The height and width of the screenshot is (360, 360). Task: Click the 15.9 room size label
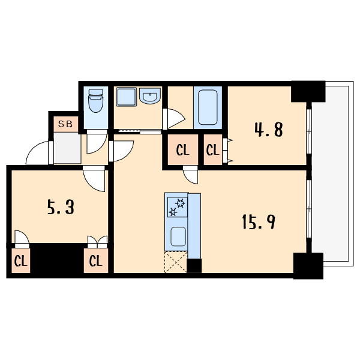(x=259, y=223)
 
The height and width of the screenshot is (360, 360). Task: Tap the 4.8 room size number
(x=269, y=130)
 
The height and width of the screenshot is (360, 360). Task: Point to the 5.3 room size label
(x=60, y=208)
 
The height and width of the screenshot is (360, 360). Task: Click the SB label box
(x=65, y=124)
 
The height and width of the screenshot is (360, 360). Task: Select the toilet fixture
(x=96, y=102)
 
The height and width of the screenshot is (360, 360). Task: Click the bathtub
(x=208, y=106)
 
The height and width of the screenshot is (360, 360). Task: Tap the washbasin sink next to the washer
(x=149, y=96)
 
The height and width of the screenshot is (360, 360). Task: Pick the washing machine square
(x=126, y=97)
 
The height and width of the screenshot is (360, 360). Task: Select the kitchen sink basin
(x=178, y=237)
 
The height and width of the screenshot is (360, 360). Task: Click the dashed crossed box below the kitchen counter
(x=175, y=262)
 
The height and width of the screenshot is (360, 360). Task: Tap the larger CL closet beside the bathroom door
(x=183, y=150)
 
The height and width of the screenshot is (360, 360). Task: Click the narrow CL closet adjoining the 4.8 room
(x=212, y=150)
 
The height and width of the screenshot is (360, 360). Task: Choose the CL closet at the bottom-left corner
(x=20, y=261)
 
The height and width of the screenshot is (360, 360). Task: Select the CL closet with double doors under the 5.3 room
(x=95, y=261)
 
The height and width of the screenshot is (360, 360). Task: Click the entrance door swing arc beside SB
(x=41, y=152)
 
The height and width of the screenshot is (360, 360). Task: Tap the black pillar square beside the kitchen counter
(x=194, y=265)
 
